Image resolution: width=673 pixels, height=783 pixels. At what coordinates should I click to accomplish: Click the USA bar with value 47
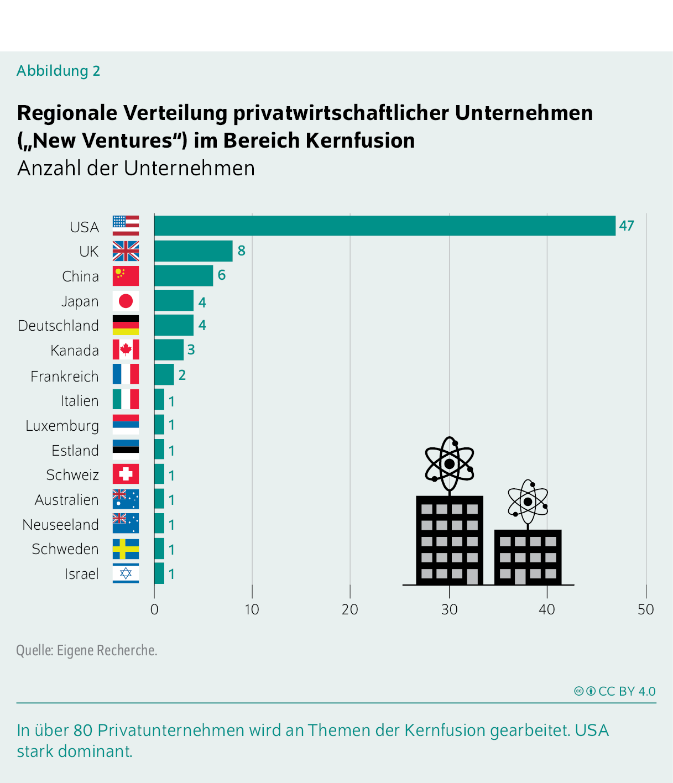point(384,226)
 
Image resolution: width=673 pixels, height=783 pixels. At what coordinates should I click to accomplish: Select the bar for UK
point(193,251)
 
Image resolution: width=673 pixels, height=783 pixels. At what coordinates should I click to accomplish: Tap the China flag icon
point(126,276)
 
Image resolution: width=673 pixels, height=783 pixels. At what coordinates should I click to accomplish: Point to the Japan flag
point(126,301)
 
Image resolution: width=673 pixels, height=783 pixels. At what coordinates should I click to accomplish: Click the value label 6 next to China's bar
point(222,275)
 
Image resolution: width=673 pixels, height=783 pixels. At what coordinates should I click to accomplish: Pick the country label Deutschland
point(58,326)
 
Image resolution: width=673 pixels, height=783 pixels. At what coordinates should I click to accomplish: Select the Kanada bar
point(169,350)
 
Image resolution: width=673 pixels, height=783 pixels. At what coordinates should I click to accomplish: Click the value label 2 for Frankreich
point(182,375)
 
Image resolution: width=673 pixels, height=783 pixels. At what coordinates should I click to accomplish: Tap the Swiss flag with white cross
point(126,474)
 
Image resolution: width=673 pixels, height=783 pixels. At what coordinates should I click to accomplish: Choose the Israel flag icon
point(126,573)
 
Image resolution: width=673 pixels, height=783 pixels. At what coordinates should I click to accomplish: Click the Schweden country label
point(65,549)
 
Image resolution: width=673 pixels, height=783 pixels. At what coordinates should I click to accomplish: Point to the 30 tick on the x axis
point(449,609)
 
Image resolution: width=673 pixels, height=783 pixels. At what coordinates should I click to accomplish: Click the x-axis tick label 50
point(645,609)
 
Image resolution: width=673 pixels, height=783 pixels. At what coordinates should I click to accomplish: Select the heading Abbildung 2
point(58,71)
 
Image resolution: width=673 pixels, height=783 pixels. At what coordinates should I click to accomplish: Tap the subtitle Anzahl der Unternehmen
point(136,168)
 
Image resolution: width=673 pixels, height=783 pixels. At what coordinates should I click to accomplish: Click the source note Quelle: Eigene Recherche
point(87,650)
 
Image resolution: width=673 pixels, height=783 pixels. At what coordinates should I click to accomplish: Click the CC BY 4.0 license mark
point(615,691)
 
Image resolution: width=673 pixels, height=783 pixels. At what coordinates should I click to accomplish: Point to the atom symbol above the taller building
point(449,464)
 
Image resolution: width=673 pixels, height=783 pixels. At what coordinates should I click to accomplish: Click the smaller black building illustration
point(528,557)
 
